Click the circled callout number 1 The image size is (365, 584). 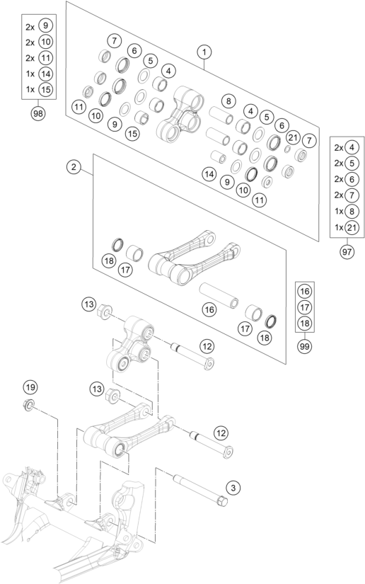(204, 52)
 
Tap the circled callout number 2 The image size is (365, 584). (74, 167)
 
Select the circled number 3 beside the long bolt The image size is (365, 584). (233, 488)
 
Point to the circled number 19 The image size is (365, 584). (30, 388)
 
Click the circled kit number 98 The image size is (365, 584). (38, 113)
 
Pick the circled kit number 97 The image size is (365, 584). (347, 252)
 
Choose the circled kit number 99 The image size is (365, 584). (304, 346)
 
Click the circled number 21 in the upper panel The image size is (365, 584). (293, 138)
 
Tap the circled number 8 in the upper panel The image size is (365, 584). (228, 101)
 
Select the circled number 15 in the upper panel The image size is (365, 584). (132, 133)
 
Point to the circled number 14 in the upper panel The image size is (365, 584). (210, 174)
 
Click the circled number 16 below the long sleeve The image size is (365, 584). (210, 309)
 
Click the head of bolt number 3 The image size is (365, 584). (222, 502)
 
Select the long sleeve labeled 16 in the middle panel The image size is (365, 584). (219, 296)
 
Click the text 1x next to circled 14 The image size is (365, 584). (30, 74)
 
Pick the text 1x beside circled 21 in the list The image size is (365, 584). (339, 227)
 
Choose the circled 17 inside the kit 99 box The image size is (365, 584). (304, 307)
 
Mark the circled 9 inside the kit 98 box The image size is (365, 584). (45, 25)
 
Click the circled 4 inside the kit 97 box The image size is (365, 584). (352, 147)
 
